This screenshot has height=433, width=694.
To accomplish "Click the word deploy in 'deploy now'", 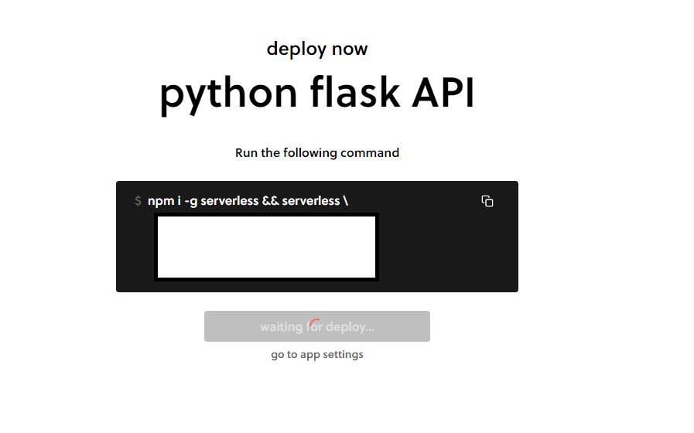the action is [x=296, y=49].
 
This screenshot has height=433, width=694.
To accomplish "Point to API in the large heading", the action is [x=443, y=93].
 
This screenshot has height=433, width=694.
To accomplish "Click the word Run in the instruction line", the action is [x=246, y=153].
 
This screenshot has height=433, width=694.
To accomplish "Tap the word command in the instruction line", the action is [x=370, y=153].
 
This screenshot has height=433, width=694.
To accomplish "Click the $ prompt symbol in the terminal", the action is [x=138, y=201].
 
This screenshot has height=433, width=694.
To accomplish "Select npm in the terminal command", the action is [x=159, y=201].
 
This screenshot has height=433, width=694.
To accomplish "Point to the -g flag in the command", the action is [x=190, y=201].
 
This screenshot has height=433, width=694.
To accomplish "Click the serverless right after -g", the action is [x=230, y=201].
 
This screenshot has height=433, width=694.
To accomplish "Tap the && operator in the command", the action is [x=270, y=201].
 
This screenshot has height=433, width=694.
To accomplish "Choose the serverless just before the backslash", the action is [x=311, y=201].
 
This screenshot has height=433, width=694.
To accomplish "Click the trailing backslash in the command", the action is [x=345, y=201].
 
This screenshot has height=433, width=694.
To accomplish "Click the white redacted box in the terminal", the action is [x=267, y=247].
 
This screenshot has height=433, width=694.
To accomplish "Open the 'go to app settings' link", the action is [x=317, y=355].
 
